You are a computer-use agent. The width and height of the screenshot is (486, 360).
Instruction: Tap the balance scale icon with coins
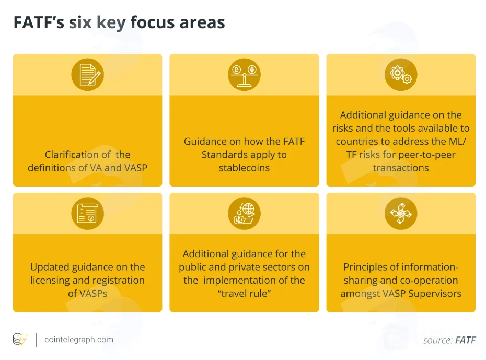click(244, 75)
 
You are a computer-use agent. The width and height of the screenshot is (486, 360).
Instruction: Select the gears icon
click(401, 75)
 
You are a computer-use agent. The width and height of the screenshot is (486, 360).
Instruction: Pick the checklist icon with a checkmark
click(88, 214)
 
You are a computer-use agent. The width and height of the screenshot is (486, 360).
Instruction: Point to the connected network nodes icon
click(401, 214)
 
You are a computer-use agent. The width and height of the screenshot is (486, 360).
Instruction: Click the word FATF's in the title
click(39, 22)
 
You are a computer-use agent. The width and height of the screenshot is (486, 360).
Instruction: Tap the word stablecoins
click(244, 168)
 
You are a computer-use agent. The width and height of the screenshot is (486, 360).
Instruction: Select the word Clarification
click(77, 155)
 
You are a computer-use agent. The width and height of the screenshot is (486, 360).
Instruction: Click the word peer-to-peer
click(427, 155)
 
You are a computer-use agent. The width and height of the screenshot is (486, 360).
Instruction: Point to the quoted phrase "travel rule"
click(244, 294)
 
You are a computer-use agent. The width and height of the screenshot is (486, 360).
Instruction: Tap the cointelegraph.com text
click(79, 340)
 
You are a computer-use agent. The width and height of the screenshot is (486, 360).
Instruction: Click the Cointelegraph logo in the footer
click(20, 340)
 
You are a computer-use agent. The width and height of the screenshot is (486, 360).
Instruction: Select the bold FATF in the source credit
click(465, 340)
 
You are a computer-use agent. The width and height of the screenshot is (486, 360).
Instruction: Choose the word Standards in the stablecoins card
click(221, 155)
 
